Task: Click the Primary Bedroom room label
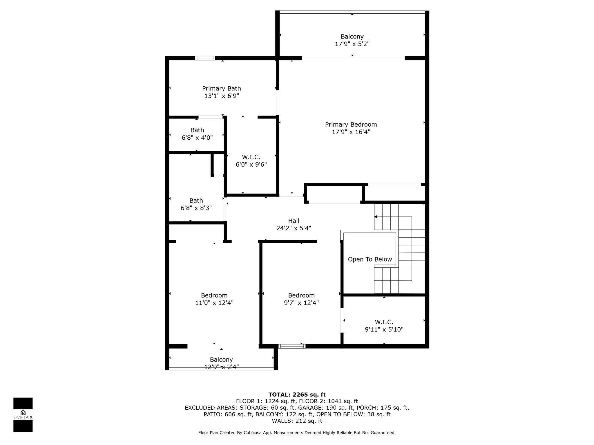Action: click(351, 125)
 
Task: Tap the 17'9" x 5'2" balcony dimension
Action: click(352, 44)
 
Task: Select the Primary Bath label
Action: click(222, 89)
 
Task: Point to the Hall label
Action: click(294, 221)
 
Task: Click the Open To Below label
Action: click(370, 259)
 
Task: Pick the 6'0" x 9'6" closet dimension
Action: click(251, 165)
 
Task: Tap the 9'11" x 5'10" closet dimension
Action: click(384, 329)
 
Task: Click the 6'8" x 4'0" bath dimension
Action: click(197, 138)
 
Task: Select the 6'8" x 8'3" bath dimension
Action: click(196, 208)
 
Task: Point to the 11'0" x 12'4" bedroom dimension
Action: click(214, 303)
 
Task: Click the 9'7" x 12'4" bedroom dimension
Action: click(301, 303)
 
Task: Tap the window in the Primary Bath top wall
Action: click(205, 58)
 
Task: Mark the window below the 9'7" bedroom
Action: click(292, 346)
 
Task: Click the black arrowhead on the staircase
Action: click(376, 217)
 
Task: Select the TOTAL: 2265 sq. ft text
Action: click(297, 395)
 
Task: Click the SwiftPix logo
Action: click(23, 415)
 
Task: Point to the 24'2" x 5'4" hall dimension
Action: click(294, 228)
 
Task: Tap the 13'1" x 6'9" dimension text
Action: click(222, 96)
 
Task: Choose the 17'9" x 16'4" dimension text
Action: click(351, 132)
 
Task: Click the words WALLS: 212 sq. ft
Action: click(297, 421)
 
